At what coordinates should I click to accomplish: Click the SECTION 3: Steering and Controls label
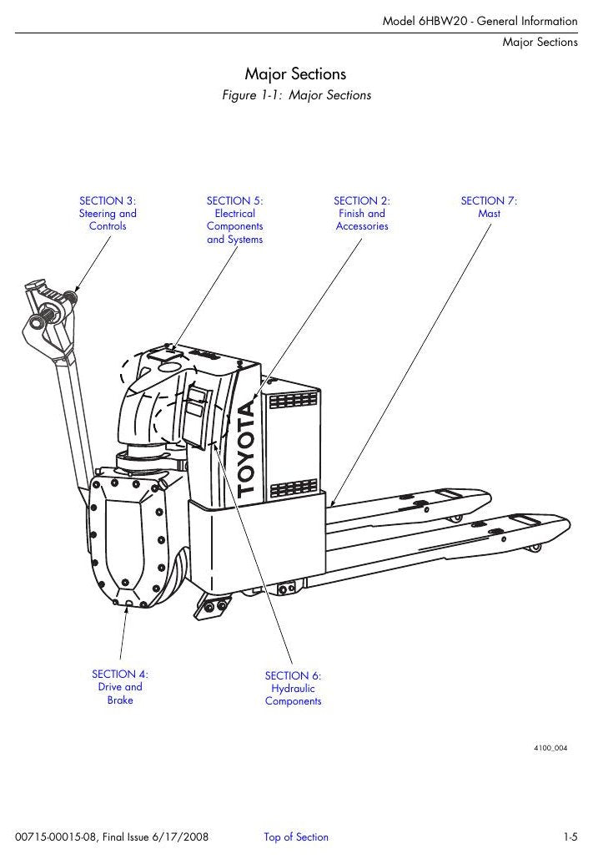click(x=108, y=213)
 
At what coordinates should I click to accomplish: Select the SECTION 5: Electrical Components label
click(x=235, y=220)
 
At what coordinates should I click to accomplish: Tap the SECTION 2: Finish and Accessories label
click(x=362, y=213)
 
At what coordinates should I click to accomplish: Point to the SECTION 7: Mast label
click(x=489, y=207)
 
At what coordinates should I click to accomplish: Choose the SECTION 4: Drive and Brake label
click(x=120, y=687)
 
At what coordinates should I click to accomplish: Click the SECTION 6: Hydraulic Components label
click(x=293, y=688)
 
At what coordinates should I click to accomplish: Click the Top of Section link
click(x=296, y=836)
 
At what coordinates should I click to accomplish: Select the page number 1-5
click(x=570, y=837)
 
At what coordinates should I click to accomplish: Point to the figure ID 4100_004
click(x=550, y=748)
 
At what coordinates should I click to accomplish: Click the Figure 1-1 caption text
click(x=296, y=95)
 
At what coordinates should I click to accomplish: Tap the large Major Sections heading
click(x=296, y=74)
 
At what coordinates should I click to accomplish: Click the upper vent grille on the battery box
click(x=293, y=401)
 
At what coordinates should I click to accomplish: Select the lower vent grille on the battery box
click(x=294, y=488)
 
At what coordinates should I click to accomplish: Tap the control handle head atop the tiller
click(x=49, y=311)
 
